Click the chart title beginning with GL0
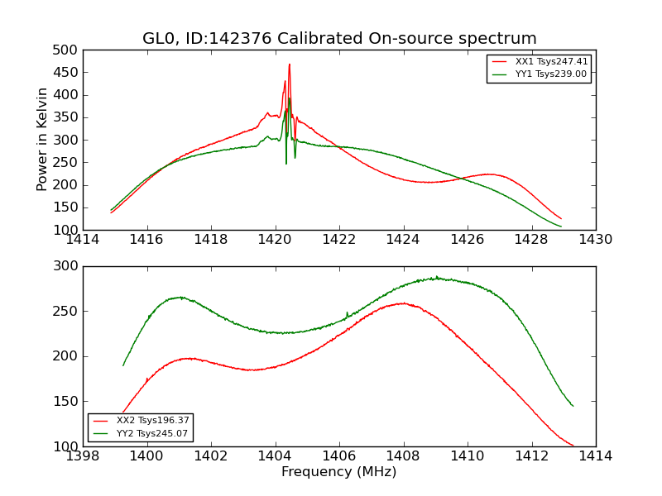339,39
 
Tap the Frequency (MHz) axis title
339,472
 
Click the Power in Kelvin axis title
43,140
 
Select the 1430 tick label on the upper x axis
595,240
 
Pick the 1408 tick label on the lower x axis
403,456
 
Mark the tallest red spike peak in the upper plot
290,64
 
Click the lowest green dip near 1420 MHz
287,163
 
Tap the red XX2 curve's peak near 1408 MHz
403,303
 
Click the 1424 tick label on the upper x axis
403,240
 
